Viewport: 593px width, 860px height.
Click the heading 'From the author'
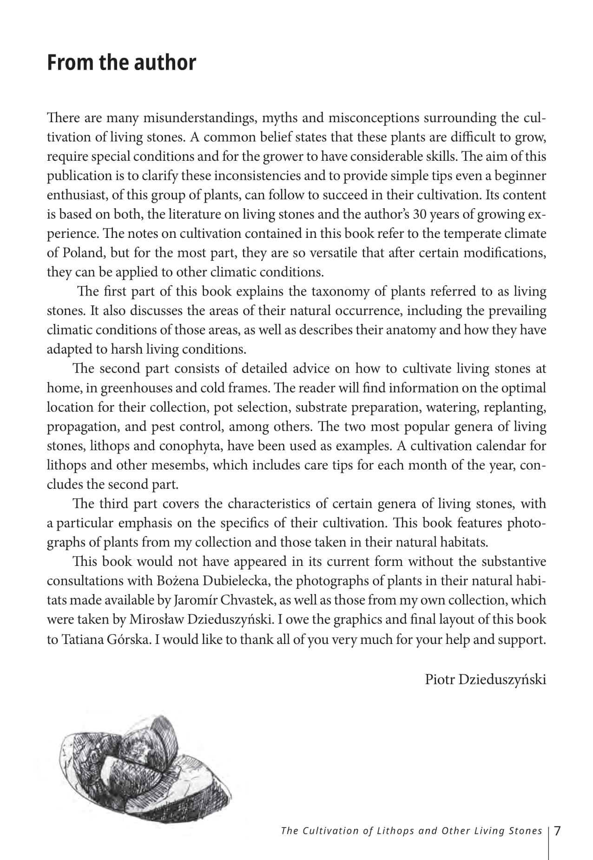point(121,63)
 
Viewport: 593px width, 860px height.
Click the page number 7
point(558,830)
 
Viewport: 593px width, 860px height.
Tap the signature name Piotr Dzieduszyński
point(485,679)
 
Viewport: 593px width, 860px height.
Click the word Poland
point(83,253)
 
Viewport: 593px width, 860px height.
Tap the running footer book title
point(411,831)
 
